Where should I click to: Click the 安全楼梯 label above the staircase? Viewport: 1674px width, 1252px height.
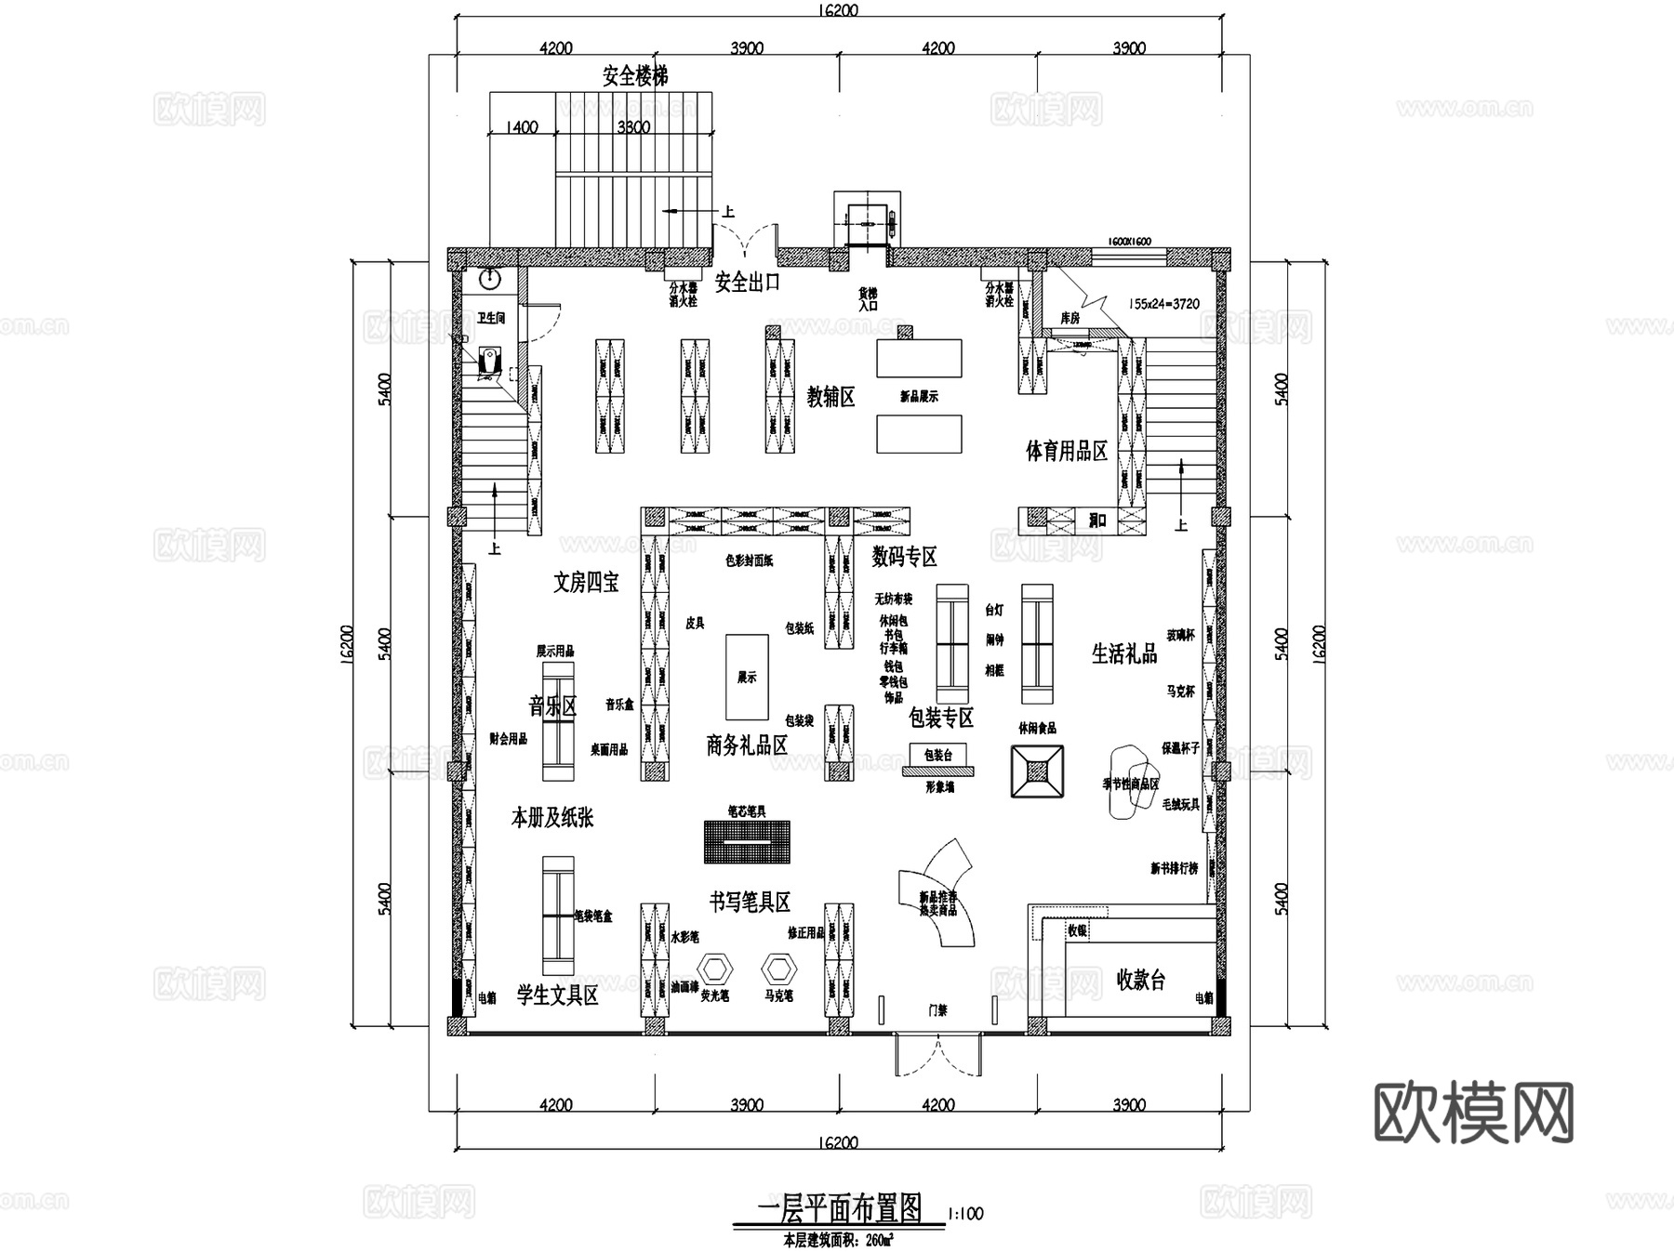(634, 76)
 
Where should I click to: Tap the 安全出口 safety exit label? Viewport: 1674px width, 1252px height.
(746, 282)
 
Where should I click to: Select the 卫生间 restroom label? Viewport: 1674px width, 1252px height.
(490, 318)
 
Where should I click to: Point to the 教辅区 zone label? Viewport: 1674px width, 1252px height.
(830, 398)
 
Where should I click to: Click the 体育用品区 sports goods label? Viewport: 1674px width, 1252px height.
(1066, 452)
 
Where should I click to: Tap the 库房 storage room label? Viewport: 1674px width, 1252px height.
(1070, 318)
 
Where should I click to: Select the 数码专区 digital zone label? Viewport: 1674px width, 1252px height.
(904, 557)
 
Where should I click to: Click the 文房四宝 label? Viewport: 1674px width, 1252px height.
(585, 583)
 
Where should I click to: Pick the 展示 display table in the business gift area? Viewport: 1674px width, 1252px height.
(747, 677)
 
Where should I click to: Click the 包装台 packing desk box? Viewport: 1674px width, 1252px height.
(937, 755)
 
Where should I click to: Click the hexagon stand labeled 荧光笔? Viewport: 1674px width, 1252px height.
(715, 969)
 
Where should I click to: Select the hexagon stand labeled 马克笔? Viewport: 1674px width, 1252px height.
(778, 969)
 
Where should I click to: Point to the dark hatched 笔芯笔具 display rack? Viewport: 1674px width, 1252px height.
(747, 841)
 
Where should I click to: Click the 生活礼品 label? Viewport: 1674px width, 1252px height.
(1123, 654)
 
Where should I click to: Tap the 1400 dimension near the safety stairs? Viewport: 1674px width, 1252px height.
(521, 127)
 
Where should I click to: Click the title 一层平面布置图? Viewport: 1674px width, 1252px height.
(839, 1209)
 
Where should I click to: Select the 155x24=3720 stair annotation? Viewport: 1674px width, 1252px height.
(1163, 304)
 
